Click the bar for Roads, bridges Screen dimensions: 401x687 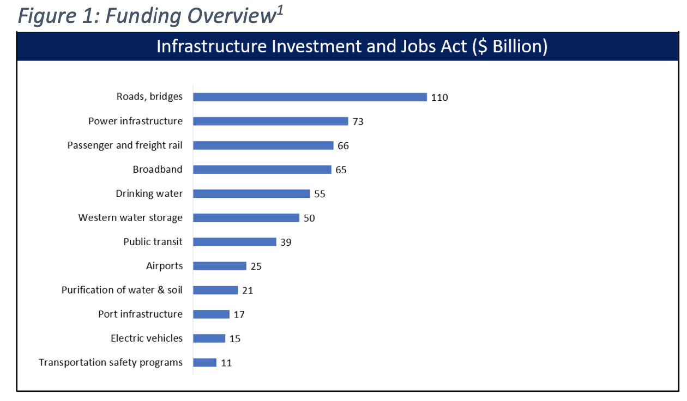click(310, 97)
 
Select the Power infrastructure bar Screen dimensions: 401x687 click(270, 121)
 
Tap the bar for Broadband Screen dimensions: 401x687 click(262, 169)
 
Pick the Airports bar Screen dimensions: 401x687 click(220, 266)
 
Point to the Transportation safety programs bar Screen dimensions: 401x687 click(205, 362)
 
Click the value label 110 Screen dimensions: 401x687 click(439, 98)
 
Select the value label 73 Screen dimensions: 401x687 click(358, 121)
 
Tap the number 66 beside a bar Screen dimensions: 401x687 click(343, 145)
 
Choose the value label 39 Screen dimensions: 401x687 click(286, 242)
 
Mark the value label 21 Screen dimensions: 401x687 click(248, 290)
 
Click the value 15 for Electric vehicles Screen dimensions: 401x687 click(235, 338)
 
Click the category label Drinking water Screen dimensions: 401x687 click(149, 193)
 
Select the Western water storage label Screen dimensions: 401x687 click(130, 217)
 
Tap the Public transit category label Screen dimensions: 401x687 click(153, 241)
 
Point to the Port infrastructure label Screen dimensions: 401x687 click(140, 314)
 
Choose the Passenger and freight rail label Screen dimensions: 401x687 click(125, 145)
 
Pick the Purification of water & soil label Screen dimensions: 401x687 click(122, 290)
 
